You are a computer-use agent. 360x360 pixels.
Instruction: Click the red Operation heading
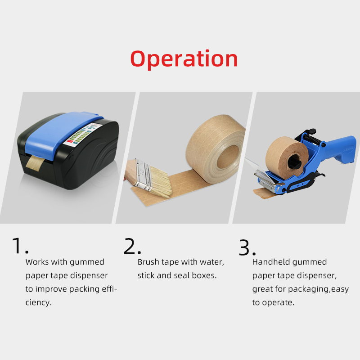[184, 58]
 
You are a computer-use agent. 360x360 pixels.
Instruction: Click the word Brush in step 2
[148, 262]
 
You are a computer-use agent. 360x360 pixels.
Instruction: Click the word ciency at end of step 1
[38, 302]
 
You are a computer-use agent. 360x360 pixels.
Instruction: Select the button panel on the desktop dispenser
[81, 135]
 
